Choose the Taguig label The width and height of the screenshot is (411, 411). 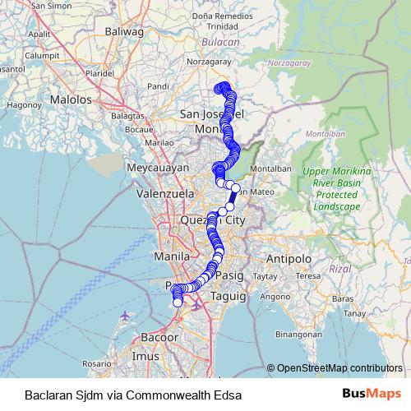pos(229,295)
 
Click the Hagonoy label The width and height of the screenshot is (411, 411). pos(18,105)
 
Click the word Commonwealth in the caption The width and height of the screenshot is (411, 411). pos(170,395)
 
